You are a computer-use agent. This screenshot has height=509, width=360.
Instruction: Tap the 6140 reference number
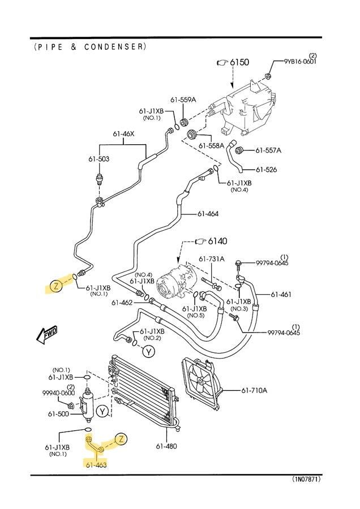217,241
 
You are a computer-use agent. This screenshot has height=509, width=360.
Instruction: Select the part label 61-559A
184,100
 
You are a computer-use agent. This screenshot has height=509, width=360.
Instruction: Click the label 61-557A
268,150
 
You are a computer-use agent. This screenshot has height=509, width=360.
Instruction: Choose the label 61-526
266,170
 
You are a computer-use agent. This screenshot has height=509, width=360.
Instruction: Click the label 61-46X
123,134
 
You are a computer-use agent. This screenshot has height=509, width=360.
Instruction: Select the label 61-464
208,214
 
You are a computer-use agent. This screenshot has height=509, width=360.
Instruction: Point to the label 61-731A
212,259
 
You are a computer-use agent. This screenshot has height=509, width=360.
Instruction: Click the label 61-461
281,295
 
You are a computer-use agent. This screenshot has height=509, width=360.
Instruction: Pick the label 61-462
122,303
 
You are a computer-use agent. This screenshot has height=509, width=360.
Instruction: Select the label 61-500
58,414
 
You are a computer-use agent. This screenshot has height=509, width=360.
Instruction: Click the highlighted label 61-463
96,465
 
